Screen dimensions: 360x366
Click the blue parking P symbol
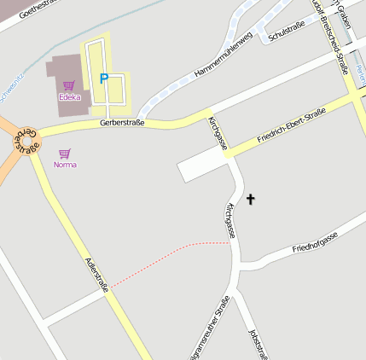click(104, 78)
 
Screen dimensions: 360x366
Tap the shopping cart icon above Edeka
click(68, 85)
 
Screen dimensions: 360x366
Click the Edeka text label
click(69, 97)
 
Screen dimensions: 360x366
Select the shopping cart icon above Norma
click(65, 154)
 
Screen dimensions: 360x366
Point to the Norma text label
click(65, 164)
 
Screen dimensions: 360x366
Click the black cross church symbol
click(251, 200)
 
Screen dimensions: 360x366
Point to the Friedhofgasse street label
click(316, 241)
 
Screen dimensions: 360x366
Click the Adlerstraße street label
click(95, 274)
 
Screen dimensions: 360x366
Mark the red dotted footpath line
click(171, 256)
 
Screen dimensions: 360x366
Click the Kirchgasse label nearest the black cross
click(229, 220)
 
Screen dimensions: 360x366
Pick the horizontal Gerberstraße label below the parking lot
click(122, 123)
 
